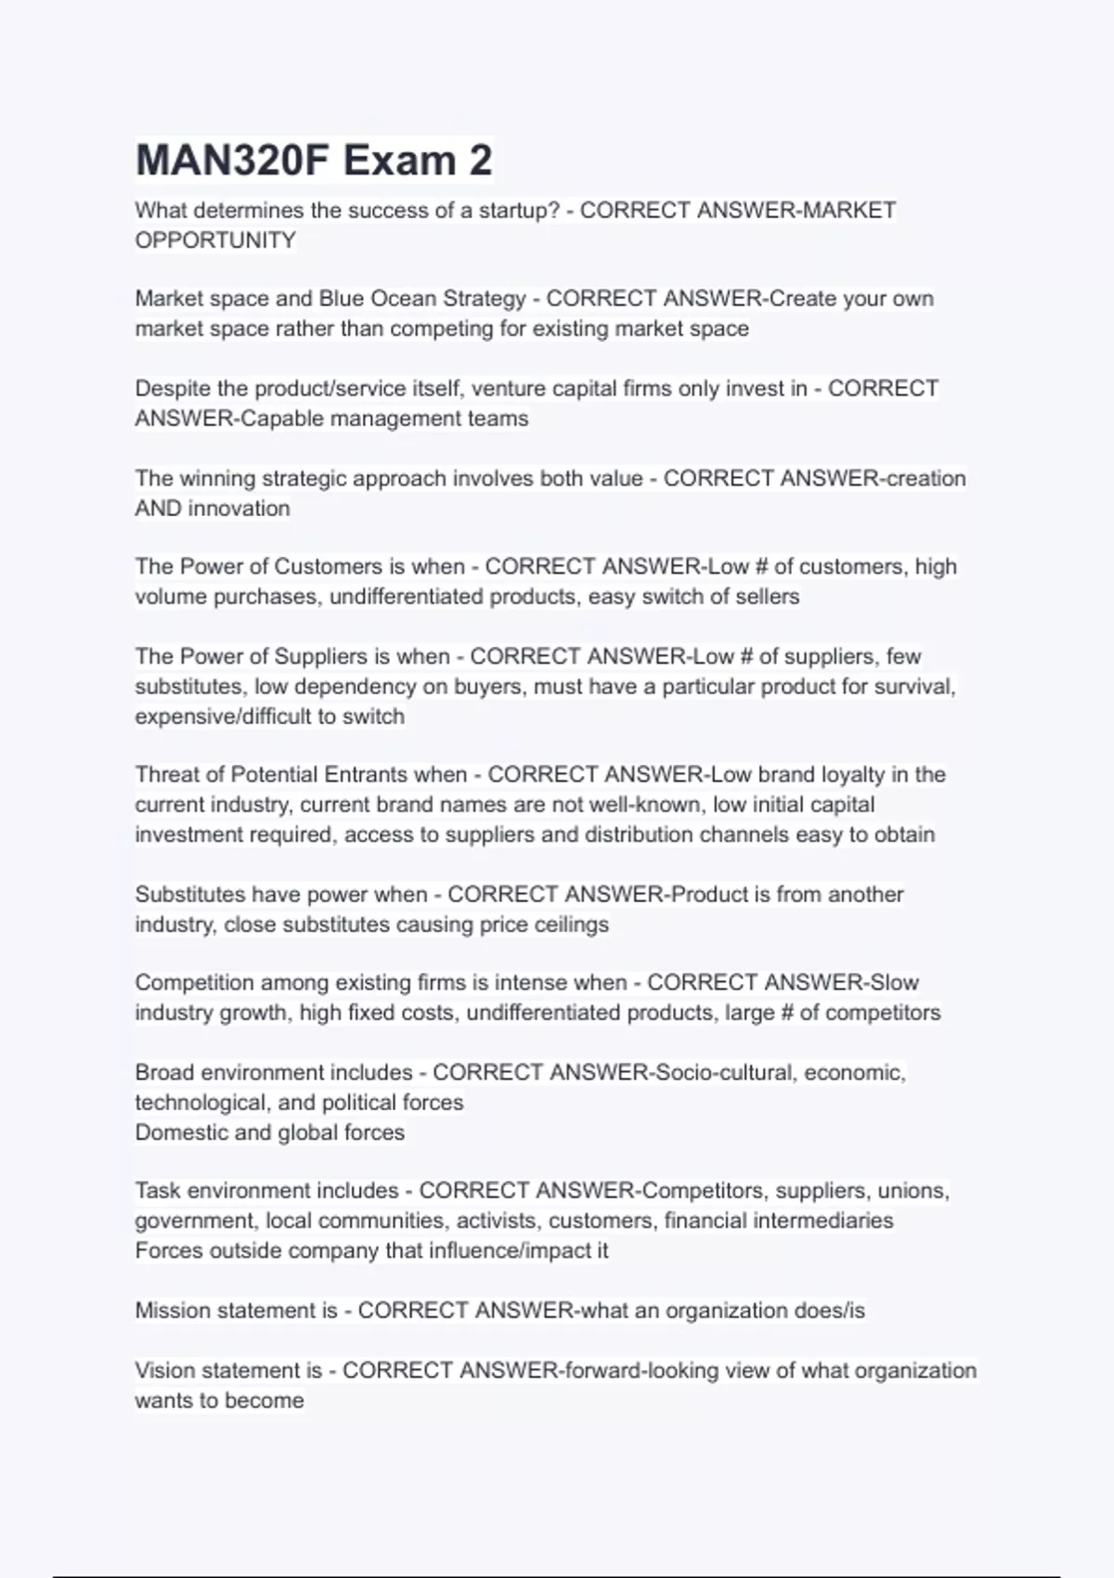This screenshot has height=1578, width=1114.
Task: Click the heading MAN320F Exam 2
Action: click(314, 161)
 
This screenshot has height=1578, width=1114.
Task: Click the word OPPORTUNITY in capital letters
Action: click(215, 240)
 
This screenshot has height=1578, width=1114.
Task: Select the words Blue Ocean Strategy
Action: click(422, 299)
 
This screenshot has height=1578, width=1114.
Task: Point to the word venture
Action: click(508, 389)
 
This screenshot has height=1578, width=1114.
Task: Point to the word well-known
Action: click(644, 805)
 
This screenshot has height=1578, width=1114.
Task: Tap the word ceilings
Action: click(571, 925)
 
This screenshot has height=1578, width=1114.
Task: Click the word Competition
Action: click(194, 983)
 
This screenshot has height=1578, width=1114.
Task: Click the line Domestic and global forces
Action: click(269, 1132)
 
